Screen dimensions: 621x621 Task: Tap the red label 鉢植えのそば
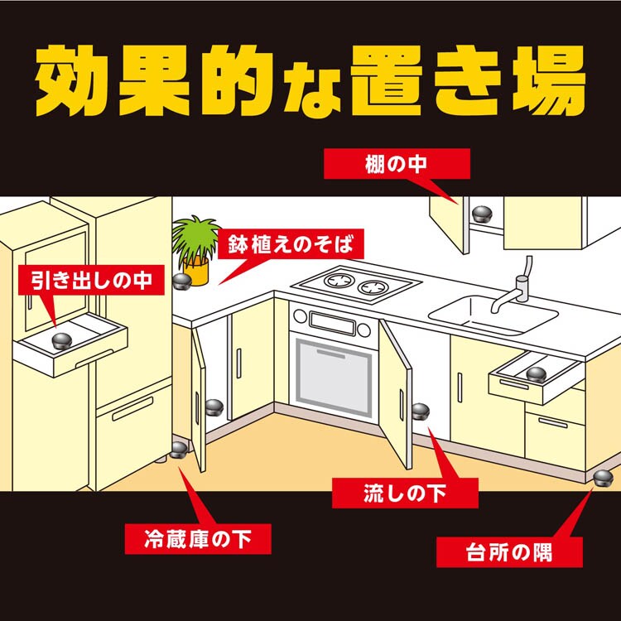pyautogui.click(x=290, y=244)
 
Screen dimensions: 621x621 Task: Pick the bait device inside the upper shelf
pyautogui.click(x=481, y=214)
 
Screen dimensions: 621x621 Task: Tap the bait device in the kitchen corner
pyautogui.click(x=604, y=475)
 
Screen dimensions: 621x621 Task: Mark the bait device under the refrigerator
pyautogui.click(x=179, y=451)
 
